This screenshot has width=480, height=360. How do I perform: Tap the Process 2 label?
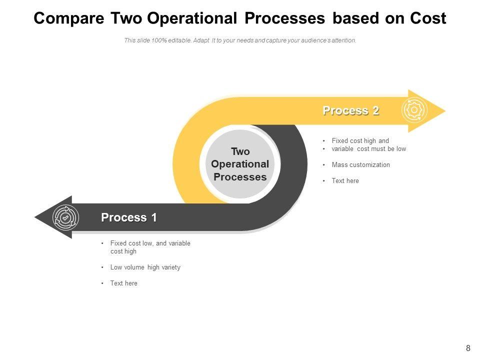pyautogui.click(x=350, y=110)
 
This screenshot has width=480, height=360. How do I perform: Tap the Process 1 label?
pyautogui.click(x=129, y=217)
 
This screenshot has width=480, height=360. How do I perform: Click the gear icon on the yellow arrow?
pyautogui.click(x=414, y=110)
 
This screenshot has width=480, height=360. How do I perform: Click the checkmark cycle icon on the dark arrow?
pyautogui.click(x=65, y=217)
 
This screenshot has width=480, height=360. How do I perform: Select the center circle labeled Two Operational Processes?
pyautogui.click(x=240, y=164)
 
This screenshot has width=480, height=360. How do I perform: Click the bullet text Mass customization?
pyautogui.click(x=360, y=164)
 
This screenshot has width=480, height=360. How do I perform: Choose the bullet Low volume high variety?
pyautogui.click(x=145, y=267)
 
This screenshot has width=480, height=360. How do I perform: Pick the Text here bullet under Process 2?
pyautogui.click(x=345, y=180)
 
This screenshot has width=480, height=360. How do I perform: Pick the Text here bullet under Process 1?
pyautogui.click(x=123, y=283)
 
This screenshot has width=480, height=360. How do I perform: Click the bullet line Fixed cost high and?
pyautogui.click(x=360, y=141)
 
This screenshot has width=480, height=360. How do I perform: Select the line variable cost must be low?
pyautogui.click(x=368, y=148)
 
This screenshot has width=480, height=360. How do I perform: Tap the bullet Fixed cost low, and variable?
pyautogui.click(x=150, y=243)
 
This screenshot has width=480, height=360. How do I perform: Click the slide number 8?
pyautogui.click(x=468, y=348)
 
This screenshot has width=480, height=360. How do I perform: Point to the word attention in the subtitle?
pyautogui.click(x=344, y=40)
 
